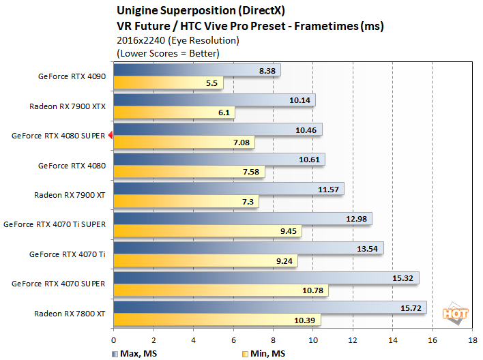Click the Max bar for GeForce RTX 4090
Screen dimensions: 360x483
(x=196, y=70)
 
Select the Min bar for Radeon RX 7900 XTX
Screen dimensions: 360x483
(x=174, y=112)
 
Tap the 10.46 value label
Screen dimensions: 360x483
(x=307, y=130)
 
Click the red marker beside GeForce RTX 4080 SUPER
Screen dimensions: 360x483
(x=110, y=136)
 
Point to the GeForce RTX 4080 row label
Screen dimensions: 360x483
(x=72, y=166)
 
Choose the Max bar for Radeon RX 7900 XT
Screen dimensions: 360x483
(x=229, y=189)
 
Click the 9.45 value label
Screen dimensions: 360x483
(x=287, y=231)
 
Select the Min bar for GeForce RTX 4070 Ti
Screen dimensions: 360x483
(x=205, y=260)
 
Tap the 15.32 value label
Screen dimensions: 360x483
(x=404, y=278)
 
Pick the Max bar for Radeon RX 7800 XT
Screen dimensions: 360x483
(x=269, y=307)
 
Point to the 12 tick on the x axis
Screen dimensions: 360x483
(x=353, y=339)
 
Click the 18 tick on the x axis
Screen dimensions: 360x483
(x=472, y=339)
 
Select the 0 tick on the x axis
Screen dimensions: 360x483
(x=113, y=339)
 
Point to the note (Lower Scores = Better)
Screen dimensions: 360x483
(x=168, y=53)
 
